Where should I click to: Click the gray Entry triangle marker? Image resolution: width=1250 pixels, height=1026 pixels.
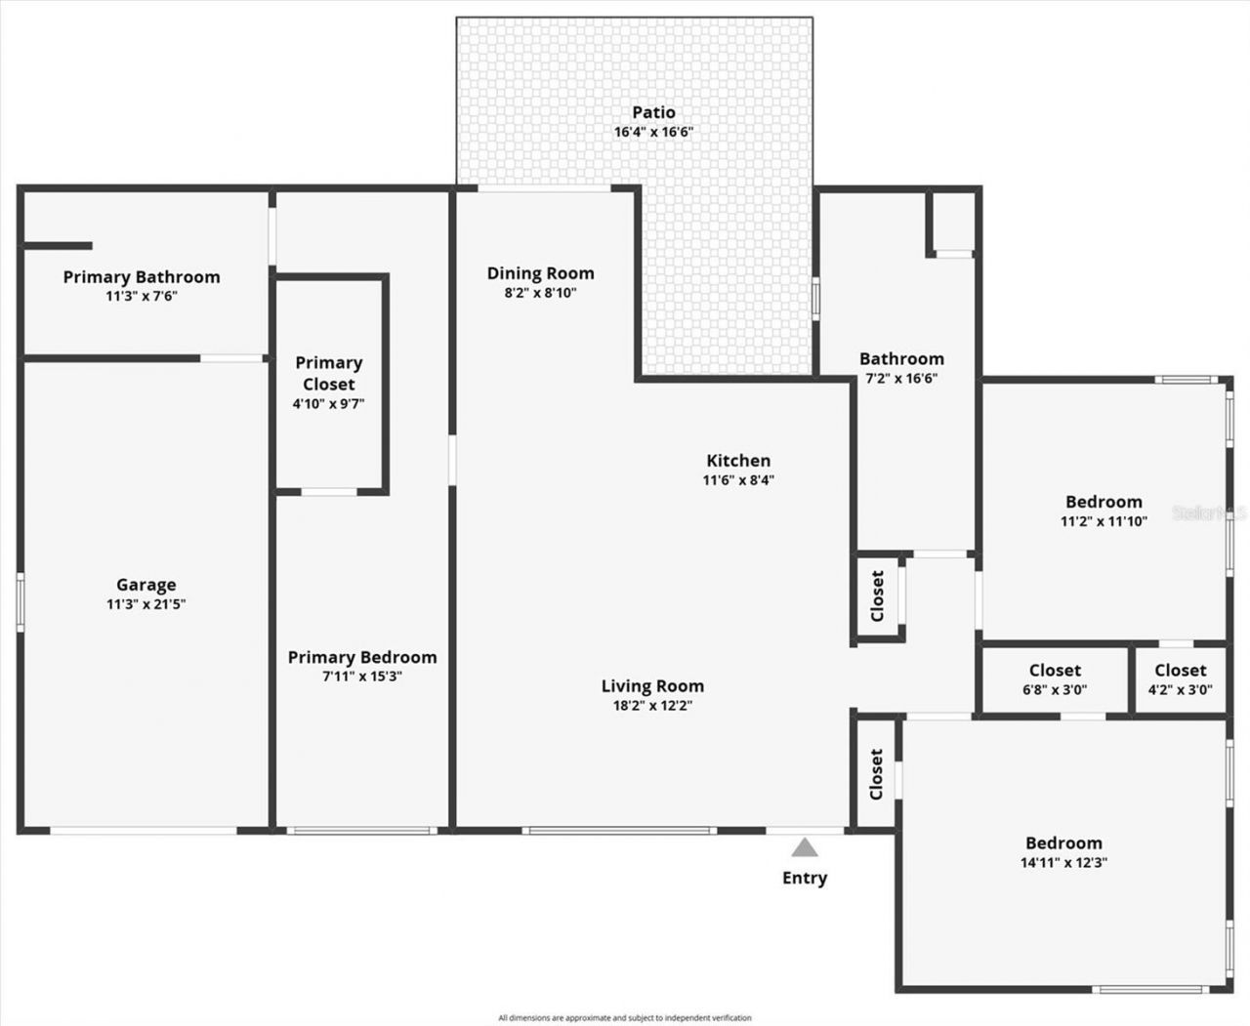point(804,846)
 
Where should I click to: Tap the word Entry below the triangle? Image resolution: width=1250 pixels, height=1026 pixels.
point(804,878)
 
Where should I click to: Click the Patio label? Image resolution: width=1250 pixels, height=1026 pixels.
point(653,112)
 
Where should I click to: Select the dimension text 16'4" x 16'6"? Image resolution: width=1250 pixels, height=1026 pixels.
point(653,132)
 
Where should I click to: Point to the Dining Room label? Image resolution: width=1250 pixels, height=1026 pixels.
point(540,273)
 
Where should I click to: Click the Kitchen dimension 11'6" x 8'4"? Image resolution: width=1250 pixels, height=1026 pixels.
point(738,479)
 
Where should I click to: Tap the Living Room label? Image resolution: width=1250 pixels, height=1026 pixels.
point(652,686)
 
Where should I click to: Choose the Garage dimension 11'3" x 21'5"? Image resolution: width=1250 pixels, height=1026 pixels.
point(146,604)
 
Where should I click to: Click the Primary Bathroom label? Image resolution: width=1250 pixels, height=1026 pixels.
point(142,277)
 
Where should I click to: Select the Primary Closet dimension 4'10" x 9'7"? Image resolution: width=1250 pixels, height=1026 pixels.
point(329,403)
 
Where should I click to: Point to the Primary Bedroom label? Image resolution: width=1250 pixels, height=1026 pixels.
point(362,657)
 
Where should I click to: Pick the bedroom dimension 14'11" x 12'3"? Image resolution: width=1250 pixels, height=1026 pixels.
point(1063,862)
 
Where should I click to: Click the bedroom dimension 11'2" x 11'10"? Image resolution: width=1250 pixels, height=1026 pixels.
point(1104,521)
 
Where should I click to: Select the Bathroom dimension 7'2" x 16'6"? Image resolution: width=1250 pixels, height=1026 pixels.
point(901,378)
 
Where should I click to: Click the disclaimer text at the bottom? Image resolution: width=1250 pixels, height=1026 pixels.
point(625,1017)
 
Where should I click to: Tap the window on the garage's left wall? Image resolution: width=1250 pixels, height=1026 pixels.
point(20,601)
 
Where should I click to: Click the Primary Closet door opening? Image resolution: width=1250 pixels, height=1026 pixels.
point(328,492)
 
